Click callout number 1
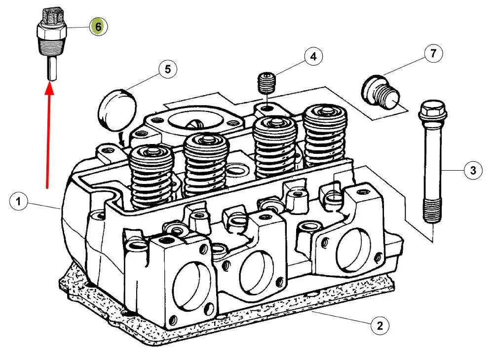tap(18, 201)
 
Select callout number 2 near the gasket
tap(380, 325)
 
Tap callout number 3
tap(473, 171)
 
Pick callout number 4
tap(313, 57)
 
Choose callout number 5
tap(168, 70)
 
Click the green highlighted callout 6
tap(98, 27)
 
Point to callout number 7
tap(433, 53)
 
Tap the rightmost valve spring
tap(325, 136)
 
